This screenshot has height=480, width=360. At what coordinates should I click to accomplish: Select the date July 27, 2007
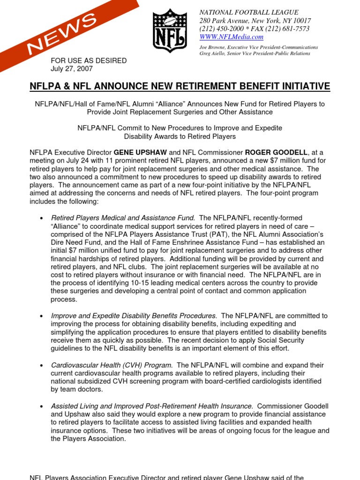71,68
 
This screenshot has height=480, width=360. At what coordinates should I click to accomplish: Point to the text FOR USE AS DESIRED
89,60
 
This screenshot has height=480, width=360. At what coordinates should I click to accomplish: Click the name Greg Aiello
215,53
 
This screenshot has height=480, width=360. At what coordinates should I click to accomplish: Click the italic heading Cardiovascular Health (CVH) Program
112,365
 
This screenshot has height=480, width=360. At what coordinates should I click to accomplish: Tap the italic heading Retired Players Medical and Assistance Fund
123,218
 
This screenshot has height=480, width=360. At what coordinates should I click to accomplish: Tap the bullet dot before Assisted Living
42,406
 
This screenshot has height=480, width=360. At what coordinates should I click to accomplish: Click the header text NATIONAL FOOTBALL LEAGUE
249,12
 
